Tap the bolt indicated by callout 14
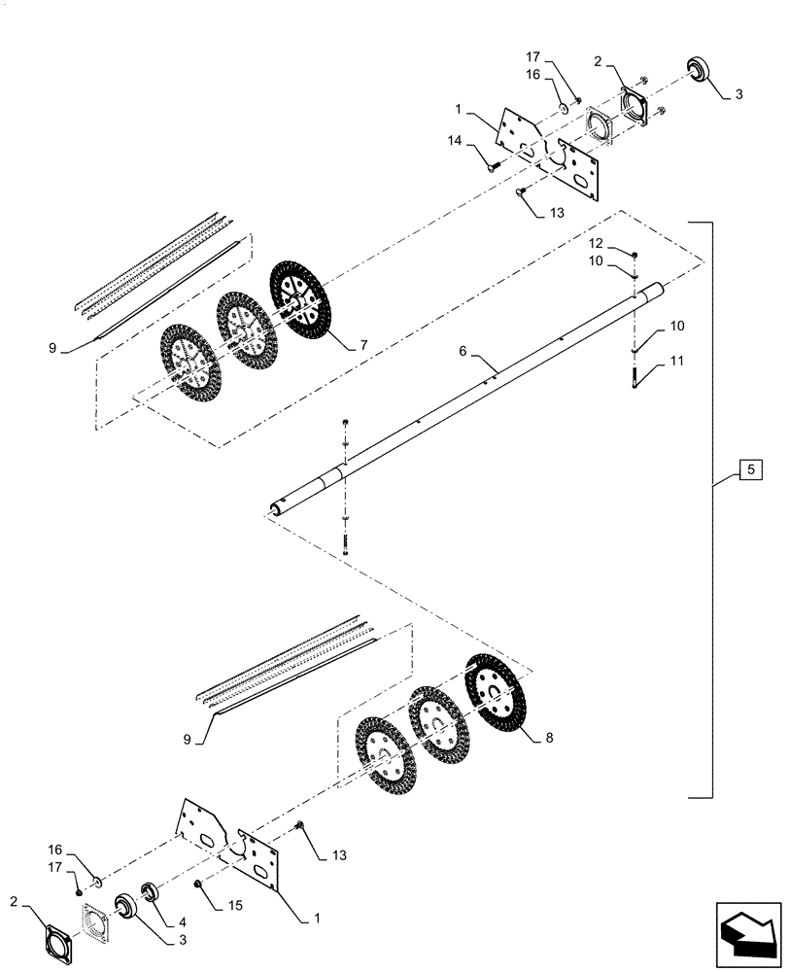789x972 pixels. pyautogui.click(x=494, y=166)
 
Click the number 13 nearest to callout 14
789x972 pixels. pyautogui.click(x=555, y=212)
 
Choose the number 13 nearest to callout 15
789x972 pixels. pyautogui.click(x=337, y=854)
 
